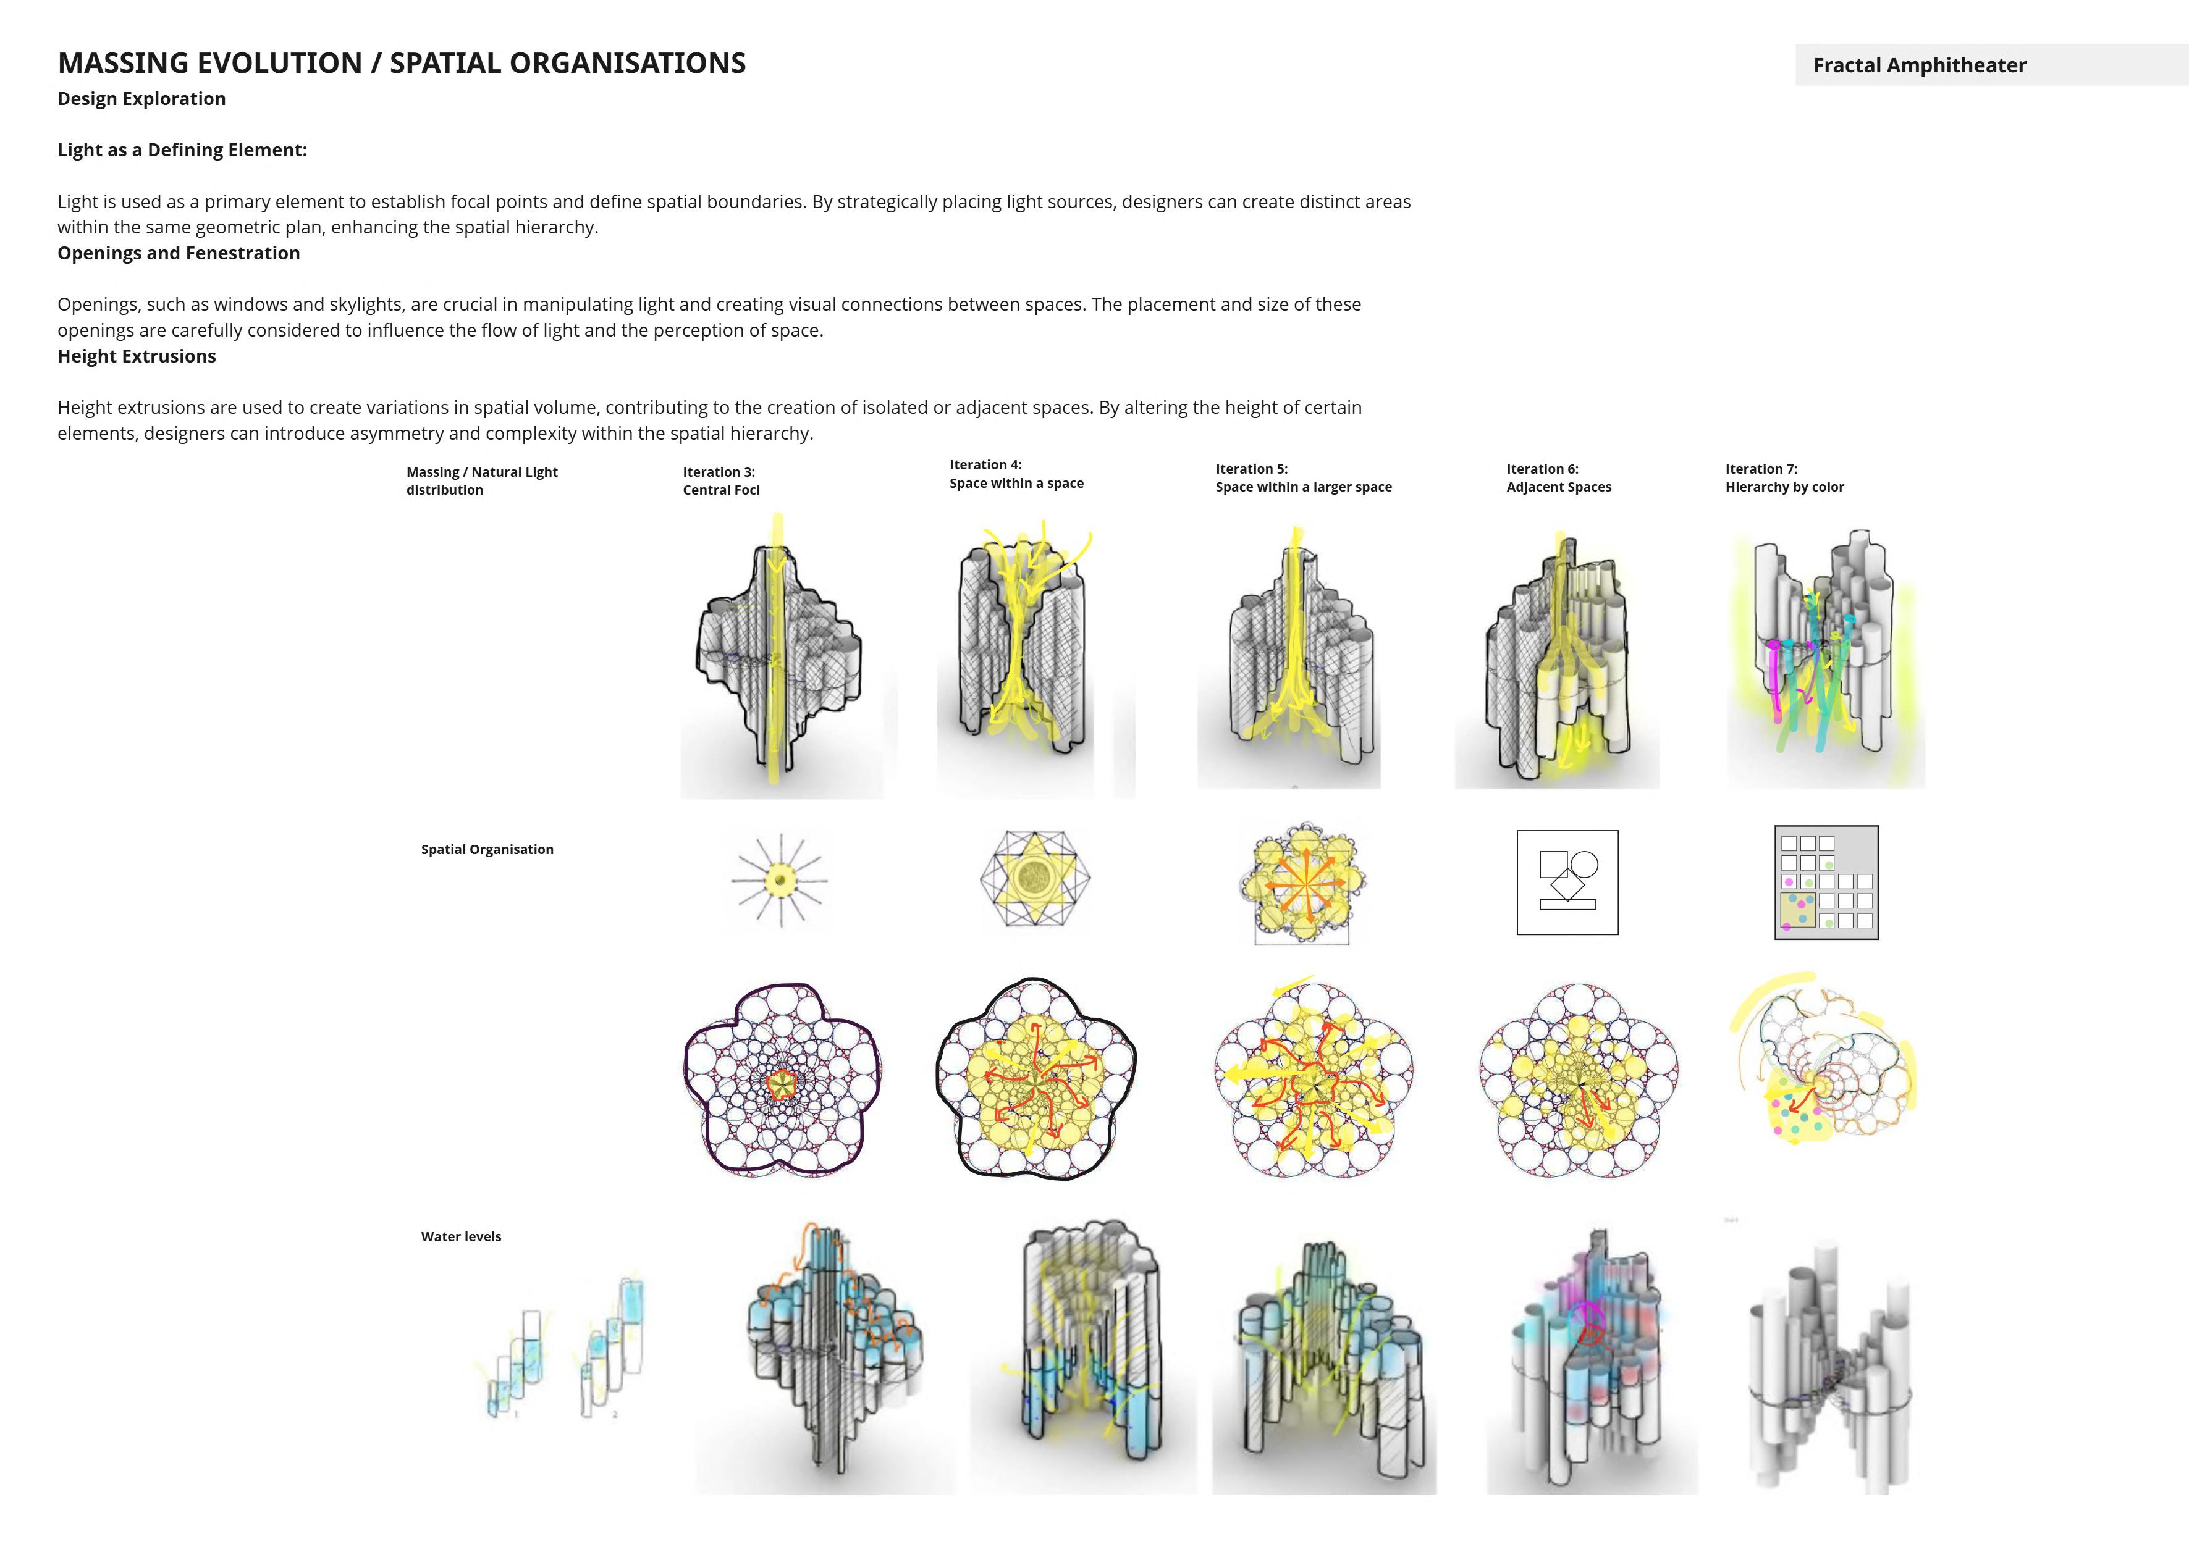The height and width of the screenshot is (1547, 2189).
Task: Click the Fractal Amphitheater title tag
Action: (1919, 65)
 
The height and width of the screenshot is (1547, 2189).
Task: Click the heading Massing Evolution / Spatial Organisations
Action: (402, 63)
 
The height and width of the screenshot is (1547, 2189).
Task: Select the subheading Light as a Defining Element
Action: (182, 149)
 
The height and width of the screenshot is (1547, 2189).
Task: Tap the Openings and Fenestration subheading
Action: (179, 253)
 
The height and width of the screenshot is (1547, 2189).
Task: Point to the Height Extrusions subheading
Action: (137, 356)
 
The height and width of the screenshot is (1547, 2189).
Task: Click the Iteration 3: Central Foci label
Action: (721, 480)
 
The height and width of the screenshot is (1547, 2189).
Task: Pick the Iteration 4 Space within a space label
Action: (1016, 474)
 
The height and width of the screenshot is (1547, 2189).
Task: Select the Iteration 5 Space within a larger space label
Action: (1303, 477)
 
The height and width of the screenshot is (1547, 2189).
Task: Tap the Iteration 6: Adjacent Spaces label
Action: (1559, 477)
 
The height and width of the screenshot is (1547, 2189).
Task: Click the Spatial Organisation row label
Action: (487, 849)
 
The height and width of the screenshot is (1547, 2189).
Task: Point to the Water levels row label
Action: (462, 1236)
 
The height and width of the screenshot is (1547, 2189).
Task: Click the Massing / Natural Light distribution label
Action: (481, 480)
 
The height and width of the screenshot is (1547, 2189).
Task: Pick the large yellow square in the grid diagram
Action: (1797, 910)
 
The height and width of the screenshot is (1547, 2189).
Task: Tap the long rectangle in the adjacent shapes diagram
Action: (1567, 903)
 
